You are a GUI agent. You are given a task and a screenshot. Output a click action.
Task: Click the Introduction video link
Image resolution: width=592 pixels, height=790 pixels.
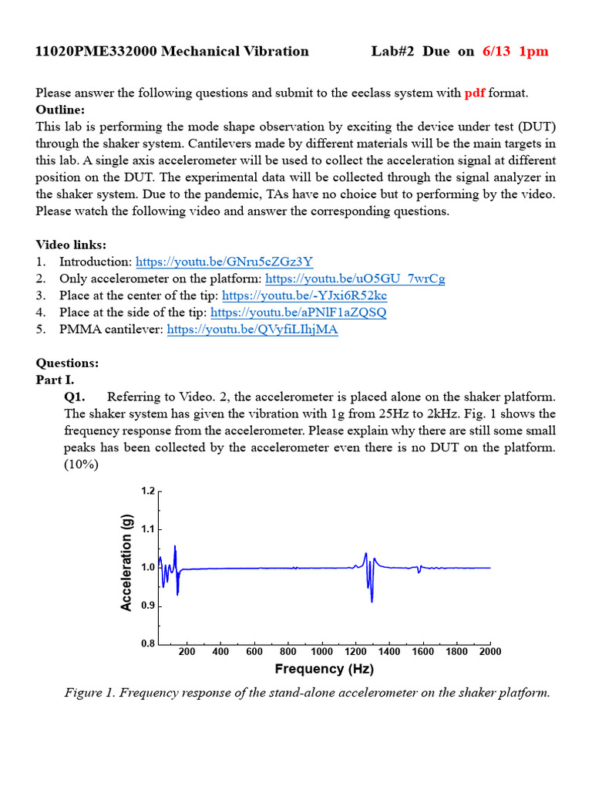click(224, 262)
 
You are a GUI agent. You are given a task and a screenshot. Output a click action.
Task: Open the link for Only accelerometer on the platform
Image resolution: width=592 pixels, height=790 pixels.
click(355, 279)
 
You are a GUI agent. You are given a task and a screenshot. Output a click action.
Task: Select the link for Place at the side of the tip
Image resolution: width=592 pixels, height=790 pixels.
click(298, 313)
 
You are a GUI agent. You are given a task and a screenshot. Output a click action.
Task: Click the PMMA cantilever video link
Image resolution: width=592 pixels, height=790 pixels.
click(252, 330)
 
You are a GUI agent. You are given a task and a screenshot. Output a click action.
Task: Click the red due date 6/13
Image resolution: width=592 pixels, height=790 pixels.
click(497, 52)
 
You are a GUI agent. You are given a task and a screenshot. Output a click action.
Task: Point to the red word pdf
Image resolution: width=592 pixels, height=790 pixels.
click(473, 93)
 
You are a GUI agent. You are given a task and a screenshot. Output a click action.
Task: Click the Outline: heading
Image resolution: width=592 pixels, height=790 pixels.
click(60, 110)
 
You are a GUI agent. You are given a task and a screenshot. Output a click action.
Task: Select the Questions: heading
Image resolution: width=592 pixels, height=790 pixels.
click(67, 363)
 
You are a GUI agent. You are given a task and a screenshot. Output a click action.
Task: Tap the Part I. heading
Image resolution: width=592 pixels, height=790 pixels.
click(55, 380)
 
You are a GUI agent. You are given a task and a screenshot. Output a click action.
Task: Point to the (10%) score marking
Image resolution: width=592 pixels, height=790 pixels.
click(81, 465)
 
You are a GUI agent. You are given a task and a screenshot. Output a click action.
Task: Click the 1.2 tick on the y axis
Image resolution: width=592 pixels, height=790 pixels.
click(148, 491)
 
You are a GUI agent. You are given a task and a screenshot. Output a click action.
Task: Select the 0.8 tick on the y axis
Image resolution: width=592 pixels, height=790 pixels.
click(148, 644)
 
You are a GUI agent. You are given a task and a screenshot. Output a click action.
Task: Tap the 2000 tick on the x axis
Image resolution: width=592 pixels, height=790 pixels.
click(489, 652)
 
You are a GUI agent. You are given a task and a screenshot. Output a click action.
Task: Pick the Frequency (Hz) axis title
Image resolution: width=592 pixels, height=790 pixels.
click(324, 670)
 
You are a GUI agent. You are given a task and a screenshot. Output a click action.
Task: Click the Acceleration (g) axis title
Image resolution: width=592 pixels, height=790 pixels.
click(126, 563)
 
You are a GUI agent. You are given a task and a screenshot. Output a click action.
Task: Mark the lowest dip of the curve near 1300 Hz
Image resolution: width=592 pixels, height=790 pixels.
click(372, 601)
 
